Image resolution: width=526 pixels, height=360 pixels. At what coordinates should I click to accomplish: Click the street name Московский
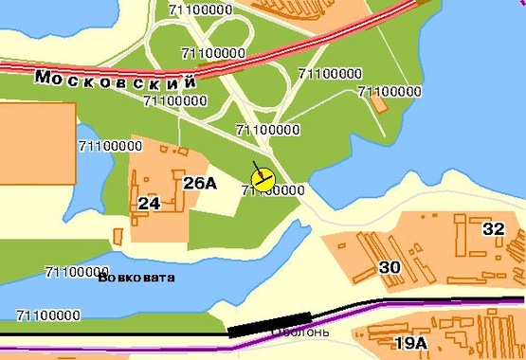click(116, 80)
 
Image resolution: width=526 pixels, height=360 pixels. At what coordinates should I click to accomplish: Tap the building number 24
click(148, 204)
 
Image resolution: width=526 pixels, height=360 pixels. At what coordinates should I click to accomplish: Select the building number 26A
click(200, 183)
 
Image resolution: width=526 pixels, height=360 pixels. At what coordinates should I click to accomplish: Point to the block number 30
click(390, 267)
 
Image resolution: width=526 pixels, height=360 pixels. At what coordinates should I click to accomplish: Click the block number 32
click(494, 228)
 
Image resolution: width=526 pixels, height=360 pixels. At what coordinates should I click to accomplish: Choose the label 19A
click(410, 343)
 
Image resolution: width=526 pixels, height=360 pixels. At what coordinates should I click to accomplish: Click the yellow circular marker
click(263, 177)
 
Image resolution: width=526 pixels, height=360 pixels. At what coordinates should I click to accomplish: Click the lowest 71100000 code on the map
click(48, 315)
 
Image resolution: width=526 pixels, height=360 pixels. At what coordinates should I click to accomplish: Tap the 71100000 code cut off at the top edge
click(201, 9)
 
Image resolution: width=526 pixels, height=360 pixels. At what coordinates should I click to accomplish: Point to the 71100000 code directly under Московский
click(175, 100)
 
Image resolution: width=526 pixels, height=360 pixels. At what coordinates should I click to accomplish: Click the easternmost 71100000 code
click(389, 92)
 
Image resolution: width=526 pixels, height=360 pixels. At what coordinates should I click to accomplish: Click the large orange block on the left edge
click(36, 141)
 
